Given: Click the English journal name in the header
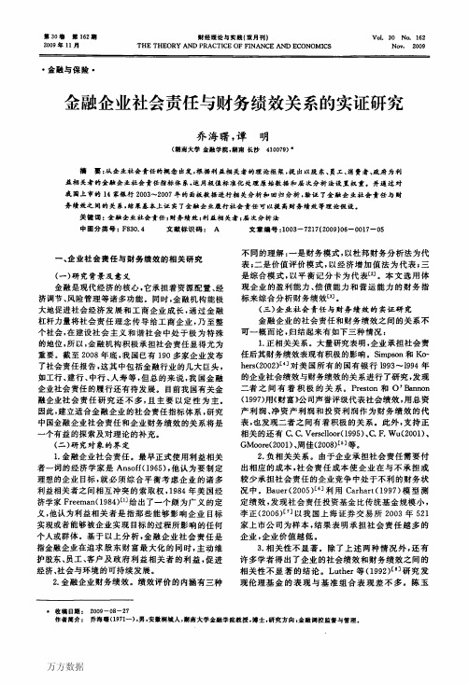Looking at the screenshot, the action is tap(234, 44).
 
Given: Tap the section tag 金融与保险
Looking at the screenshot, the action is tap(55, 71).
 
